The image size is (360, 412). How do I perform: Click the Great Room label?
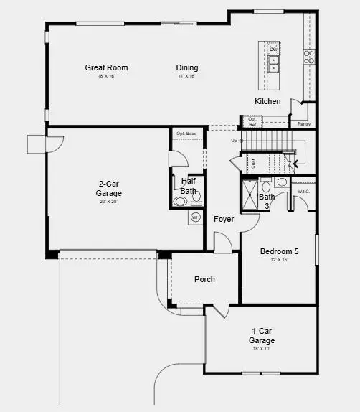[106, 68]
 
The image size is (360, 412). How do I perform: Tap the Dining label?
[187, 68]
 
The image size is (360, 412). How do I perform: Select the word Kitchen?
[267, 101]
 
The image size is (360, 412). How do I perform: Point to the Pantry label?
[304, 124]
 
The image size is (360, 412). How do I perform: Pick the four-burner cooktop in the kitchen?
[309, 57]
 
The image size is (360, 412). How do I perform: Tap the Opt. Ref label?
[252, 122]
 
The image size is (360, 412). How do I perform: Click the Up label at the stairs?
[234, 141]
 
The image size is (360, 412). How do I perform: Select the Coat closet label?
[253, 164]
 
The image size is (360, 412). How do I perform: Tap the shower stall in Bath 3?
[250, 195]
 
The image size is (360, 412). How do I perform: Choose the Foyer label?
[224, 219]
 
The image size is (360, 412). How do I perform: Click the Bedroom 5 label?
[279, 251]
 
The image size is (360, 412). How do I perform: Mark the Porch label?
[204, 279]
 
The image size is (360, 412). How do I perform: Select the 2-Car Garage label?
[109, 188]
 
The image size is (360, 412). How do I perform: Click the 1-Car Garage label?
[262, 335]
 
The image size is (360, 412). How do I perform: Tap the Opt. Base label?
[186, 134]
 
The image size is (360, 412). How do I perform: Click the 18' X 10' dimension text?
[260, 349]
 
